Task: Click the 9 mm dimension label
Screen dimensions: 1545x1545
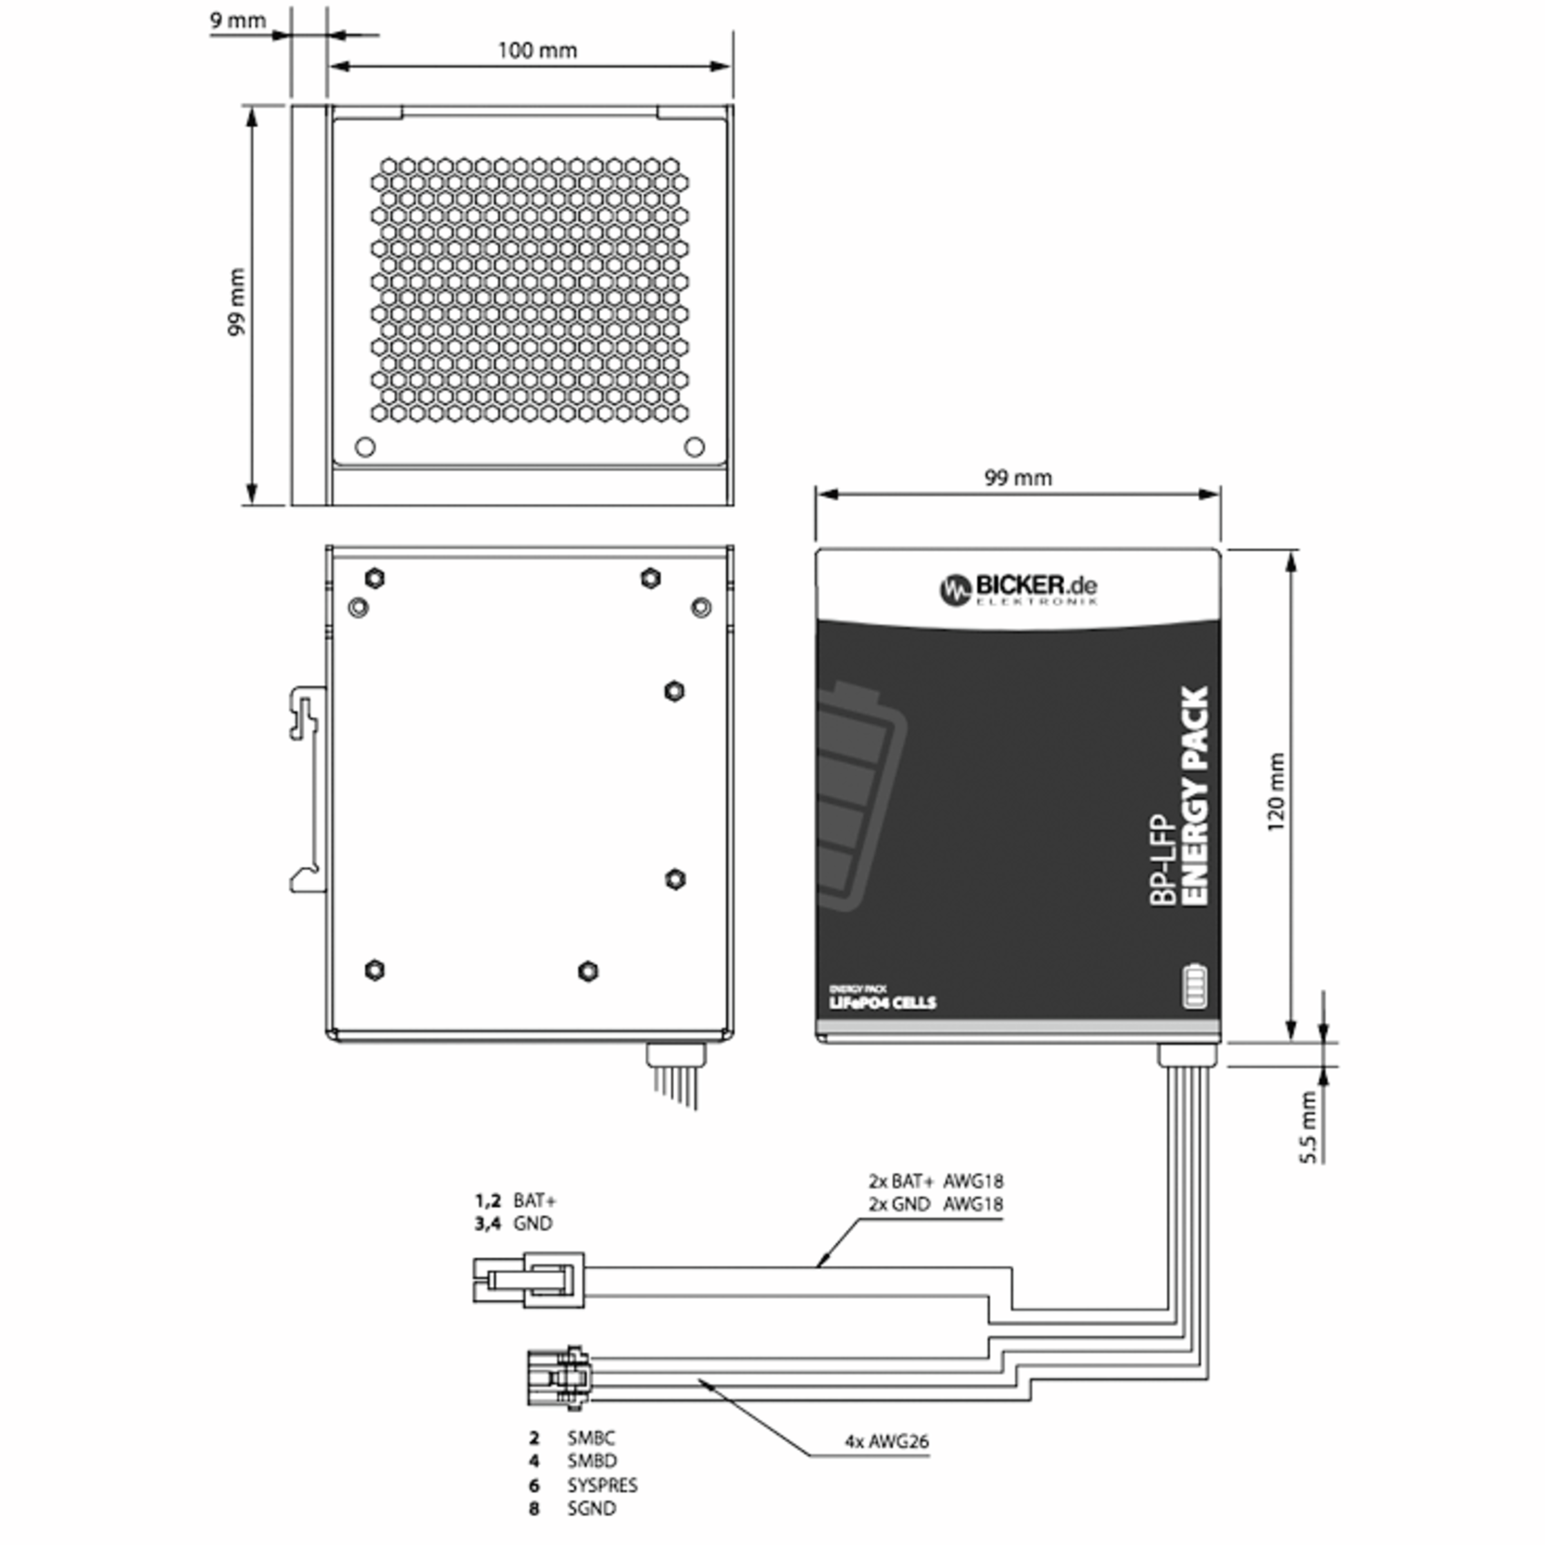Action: click(238, 20)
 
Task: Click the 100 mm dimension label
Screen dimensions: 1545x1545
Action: click(537, 50)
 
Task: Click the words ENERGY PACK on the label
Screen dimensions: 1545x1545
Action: click(1195, 796)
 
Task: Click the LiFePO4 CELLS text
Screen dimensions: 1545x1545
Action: click(882, 1003)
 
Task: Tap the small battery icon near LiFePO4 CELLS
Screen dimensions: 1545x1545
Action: click(1194, 987)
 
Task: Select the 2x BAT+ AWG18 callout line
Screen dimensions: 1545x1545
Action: click(935, 1181)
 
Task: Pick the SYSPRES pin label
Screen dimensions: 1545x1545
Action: click(601, 1485)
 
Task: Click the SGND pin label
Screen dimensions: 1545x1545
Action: click(591, 1508)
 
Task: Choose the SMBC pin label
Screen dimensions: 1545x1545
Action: click(590, 1438)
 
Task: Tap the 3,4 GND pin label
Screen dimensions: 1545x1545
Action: click(514, 1224)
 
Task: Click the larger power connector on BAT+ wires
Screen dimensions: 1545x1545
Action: click(529, 1280)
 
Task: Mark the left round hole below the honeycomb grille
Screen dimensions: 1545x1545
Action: click(364, 446)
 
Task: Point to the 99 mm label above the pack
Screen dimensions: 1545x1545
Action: click(1017, 478)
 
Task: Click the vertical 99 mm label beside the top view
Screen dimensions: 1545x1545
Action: click(236, 303)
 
